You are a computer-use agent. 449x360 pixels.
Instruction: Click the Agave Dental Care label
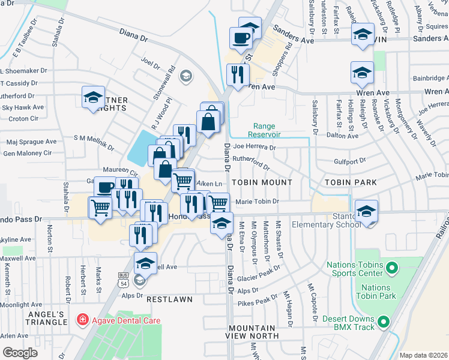coord(125,320)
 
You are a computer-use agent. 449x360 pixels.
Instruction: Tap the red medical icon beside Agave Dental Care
coord(81,320)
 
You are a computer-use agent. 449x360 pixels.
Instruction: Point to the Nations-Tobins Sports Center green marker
coord(393,267)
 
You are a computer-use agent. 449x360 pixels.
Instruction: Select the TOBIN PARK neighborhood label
coord(351,182)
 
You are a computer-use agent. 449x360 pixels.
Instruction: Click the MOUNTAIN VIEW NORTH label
coord(253,332)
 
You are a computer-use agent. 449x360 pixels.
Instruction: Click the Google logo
coord(20,352)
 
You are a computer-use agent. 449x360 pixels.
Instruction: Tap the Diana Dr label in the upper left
coord(133,35)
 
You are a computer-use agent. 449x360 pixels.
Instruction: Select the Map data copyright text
coord(423,355)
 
